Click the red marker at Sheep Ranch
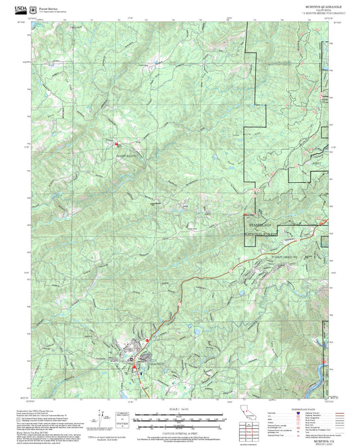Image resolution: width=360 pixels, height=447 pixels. coord(116,143)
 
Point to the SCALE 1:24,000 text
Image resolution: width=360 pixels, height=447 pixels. coord(180,409)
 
